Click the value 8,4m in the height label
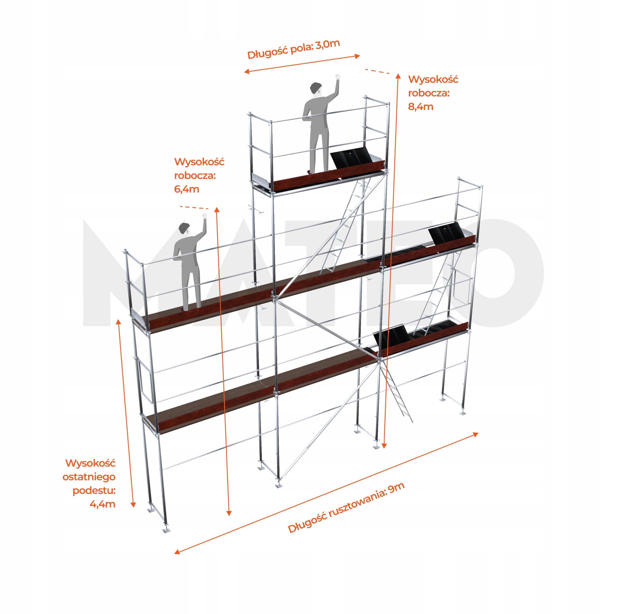click(x=421, y=106)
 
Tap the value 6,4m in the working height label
click(x=186, y=189)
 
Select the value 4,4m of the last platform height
click(x=102, y=504)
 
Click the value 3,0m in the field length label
click(x=328, y=44)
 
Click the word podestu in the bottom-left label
click(x=94, y=490)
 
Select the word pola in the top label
click(x=301, y=48)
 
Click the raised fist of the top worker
click(x=337, y=77)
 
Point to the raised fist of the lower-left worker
click(x=204, y=216)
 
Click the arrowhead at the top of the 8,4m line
click(x=398, y=76)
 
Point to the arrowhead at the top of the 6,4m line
click(x=217, y=210)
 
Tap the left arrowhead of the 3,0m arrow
click(x=246, y=71)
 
